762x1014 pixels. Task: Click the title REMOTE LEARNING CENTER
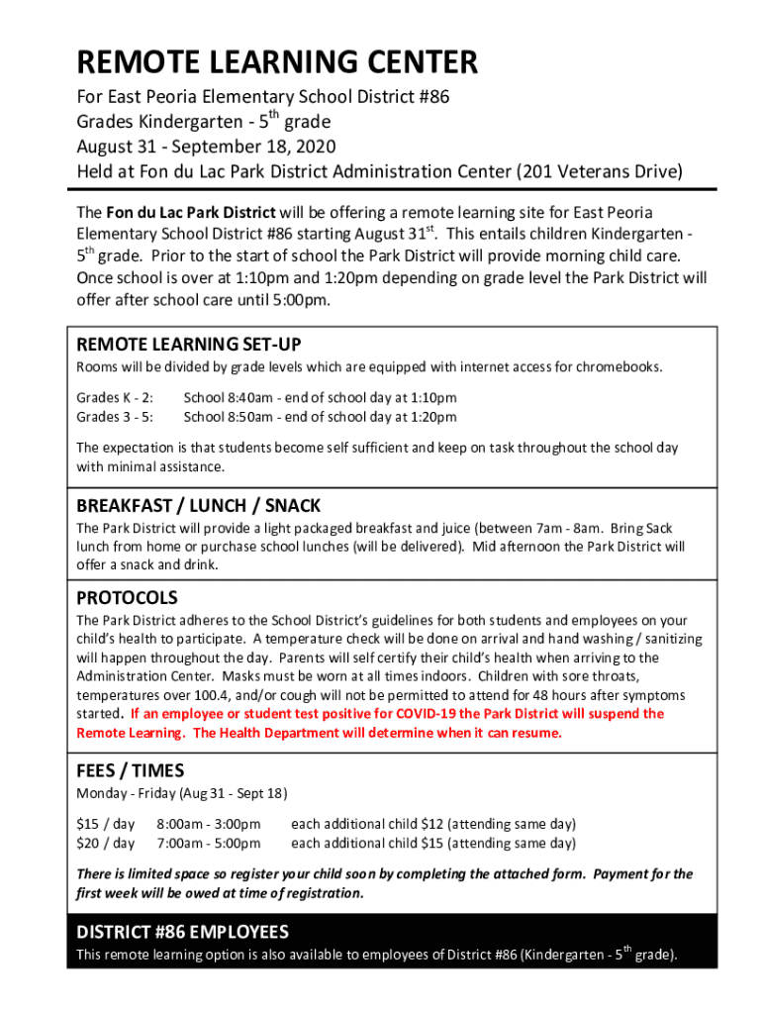pyautogui.click(x=277, y=64)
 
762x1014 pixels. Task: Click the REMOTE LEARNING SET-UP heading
pyautogui.click(x=189, y=345)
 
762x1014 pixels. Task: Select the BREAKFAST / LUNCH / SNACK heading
pyautogui.click(x=199, y=506)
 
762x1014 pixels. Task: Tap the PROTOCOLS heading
pyautogui.click(x=128, y=598)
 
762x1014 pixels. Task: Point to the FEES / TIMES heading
pyautogui.click(x=131, y=770)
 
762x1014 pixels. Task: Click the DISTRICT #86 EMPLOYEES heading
pyautogui.click(x=183, y=932)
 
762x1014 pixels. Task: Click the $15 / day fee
pyautogui.click(x=106, y=824)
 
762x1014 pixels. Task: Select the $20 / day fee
pyautogui.click(x=106, y=844)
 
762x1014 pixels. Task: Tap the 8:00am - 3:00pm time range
pyautogui.click(x=209, y=824)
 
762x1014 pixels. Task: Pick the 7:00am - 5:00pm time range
pyautogui.click(x=209, y=844)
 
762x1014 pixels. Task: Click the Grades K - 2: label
pyautogui.click(x=115, y=398)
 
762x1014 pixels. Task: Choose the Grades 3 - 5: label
pyautogui.click(x=115, y=417)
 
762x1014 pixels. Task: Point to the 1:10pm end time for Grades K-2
pyautogui.click(x=433, y=398)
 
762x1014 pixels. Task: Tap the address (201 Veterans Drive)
pyautogui.click(x=601, y=171)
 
